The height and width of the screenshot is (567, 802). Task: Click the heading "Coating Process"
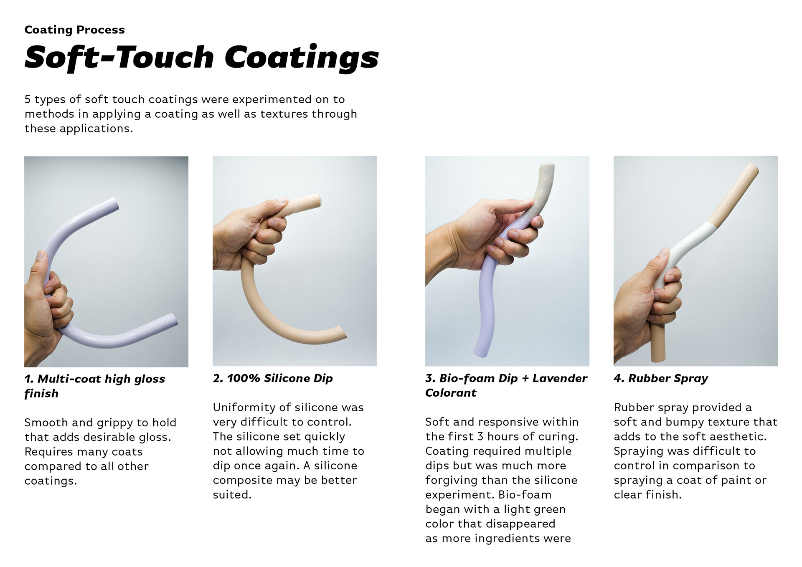pyautogui.click(x=75, y=30)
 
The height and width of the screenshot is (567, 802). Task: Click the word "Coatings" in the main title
pyautogui.click(x=302, y=58)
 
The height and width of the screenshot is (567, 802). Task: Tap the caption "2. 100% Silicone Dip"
pyautogui.click(x=273, y=378)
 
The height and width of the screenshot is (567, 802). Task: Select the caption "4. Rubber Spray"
pyautogui.click(x=661, y=378)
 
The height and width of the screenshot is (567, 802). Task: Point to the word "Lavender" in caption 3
pyautogui.click(x=560, y=378)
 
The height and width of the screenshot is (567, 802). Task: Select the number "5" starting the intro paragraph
pyautogui.click(x=28, y=99)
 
